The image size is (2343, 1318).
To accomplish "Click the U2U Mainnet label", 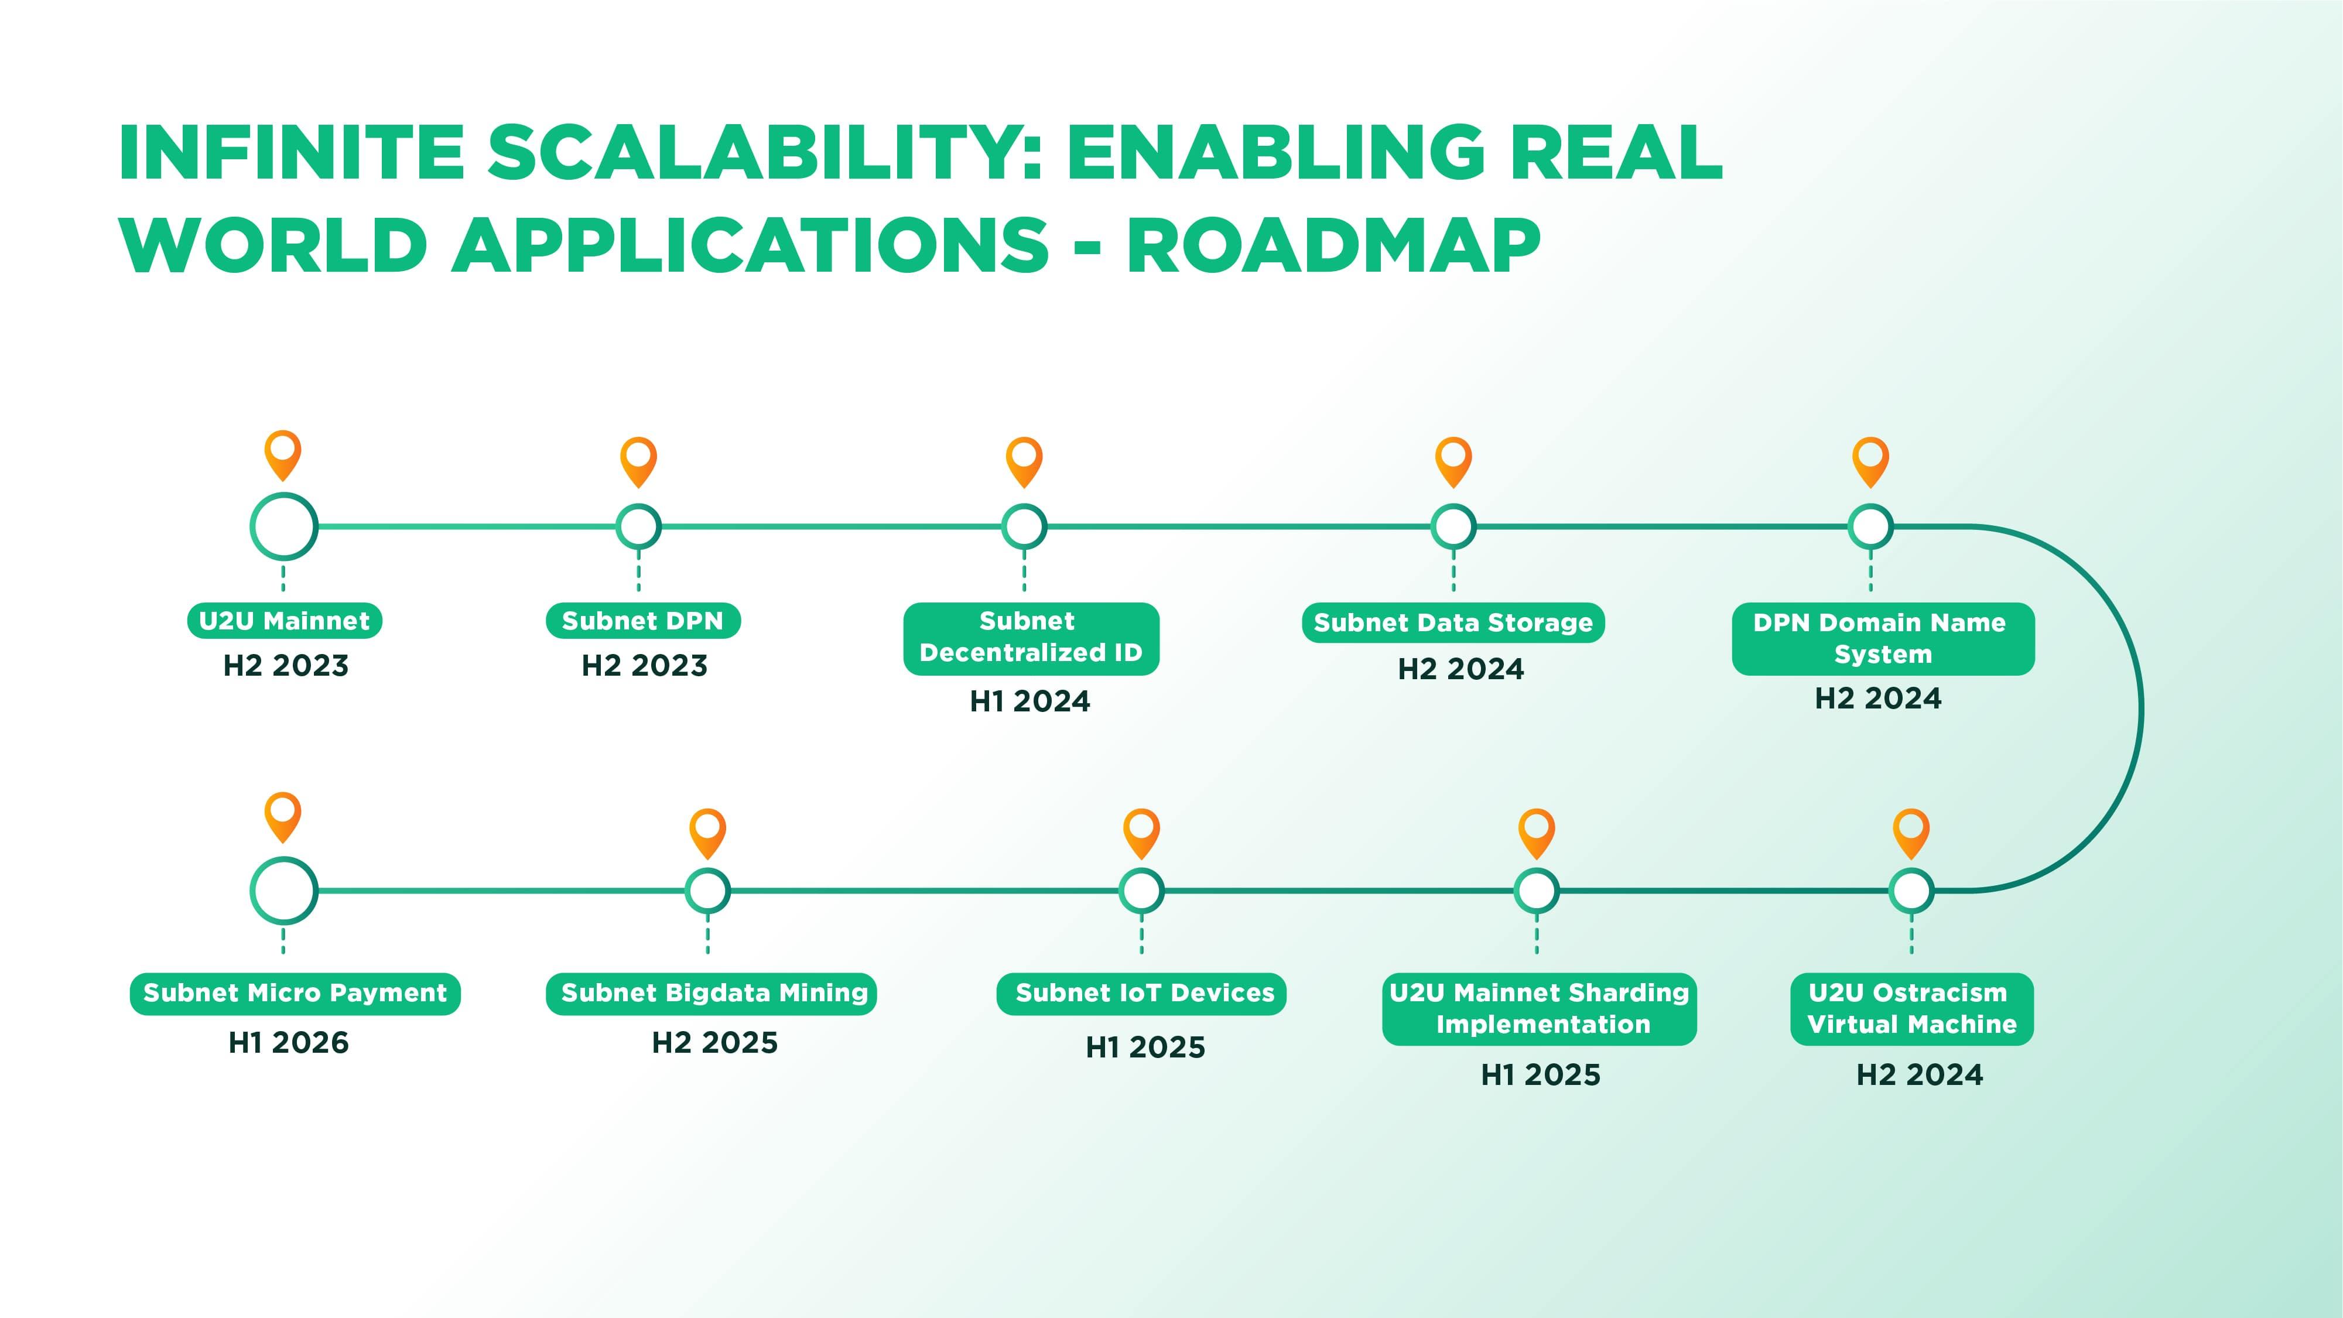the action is coord(284,620).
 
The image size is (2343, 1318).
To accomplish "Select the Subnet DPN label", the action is coord(642,620).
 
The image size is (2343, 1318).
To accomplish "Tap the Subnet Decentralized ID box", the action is coord(1031,638).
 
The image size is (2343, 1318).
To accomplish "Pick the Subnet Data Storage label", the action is coord(1452,623).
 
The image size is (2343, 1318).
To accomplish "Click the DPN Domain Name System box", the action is coord(1882,639).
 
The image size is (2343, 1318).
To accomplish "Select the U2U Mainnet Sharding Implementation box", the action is coord(1539,1009).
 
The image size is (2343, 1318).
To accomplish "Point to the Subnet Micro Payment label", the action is coord(295,993).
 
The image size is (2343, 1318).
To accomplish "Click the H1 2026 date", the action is coord(288,1042).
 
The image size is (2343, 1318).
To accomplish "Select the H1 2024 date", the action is coord(1029,701).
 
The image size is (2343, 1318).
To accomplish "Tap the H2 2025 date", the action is coord(715,1042).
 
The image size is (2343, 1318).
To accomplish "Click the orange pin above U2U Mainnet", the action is coord(283,452).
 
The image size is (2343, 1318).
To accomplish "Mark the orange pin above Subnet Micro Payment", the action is coord(283,814).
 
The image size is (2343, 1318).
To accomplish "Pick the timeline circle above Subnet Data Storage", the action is coord(1452,526).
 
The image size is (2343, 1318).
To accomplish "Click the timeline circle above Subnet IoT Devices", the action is coord(1141,891).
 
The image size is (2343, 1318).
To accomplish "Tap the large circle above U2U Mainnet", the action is coord(284,526).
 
